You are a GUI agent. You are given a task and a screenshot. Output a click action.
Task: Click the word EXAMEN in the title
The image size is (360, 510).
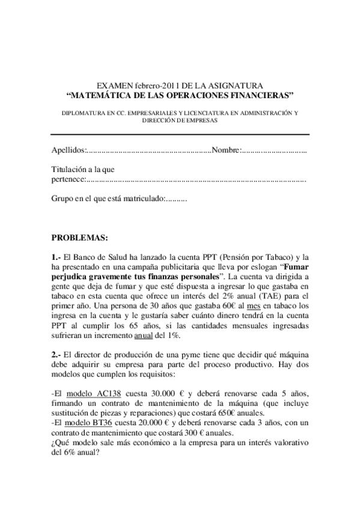pos(114,87)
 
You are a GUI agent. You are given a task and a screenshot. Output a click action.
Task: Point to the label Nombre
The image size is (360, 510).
pos(225,150)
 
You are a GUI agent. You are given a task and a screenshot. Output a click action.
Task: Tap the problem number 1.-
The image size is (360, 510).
pos(56,257)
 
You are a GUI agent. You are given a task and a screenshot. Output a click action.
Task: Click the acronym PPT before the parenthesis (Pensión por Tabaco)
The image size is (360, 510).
pos(194,257)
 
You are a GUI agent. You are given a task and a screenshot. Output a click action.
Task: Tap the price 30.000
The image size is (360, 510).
pos(160,392)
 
